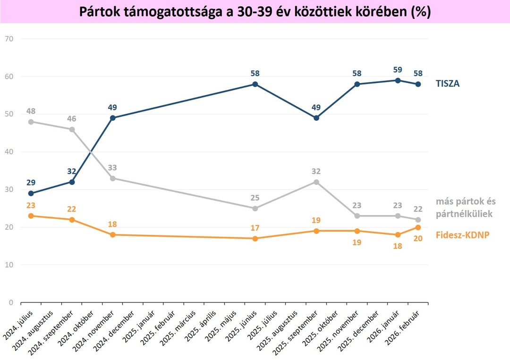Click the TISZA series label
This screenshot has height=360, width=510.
point(448,84)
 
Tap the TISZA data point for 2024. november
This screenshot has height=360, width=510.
point(112,118)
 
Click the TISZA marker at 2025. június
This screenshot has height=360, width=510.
point(255,84)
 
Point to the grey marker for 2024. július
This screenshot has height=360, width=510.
point(31,122)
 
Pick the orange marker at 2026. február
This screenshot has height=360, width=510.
point(418,227)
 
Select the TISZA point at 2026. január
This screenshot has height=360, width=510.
point(398,80)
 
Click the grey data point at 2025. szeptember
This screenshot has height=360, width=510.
point(316,182)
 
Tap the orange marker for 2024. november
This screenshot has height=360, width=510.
point(112,235)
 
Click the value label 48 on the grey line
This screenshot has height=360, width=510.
point(31,111)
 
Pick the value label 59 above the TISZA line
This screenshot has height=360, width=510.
point(398,70)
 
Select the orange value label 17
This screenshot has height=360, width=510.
point(255,228)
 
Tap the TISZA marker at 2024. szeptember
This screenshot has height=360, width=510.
point(72,182)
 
